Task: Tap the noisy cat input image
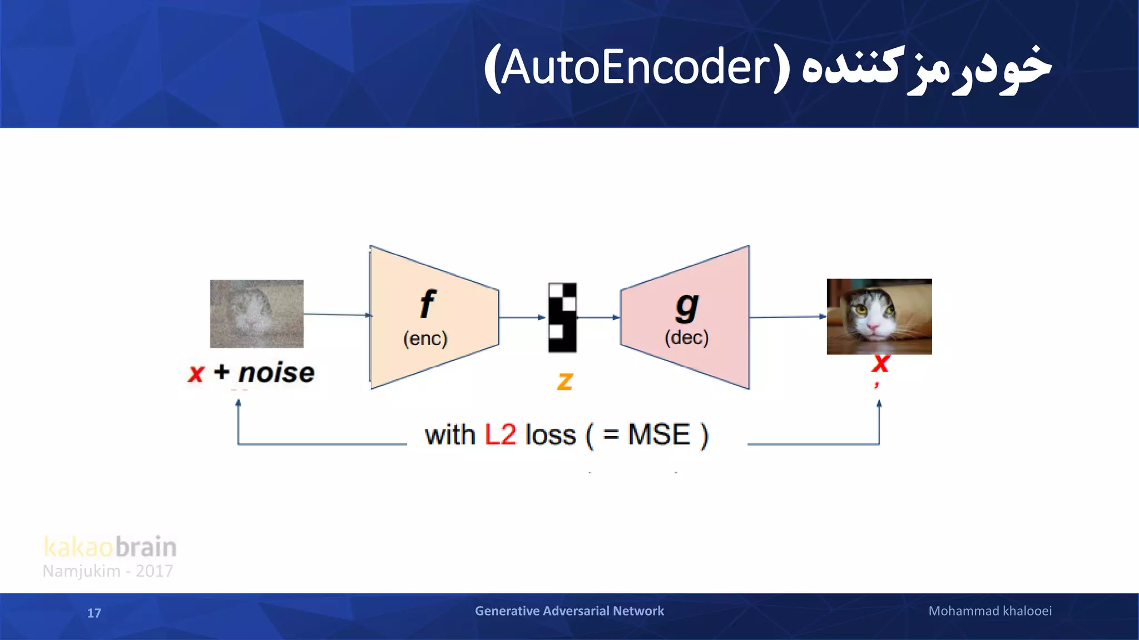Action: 256,314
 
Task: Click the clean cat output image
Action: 879,317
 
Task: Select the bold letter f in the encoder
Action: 427,304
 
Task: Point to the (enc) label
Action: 425,338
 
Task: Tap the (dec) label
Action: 686,337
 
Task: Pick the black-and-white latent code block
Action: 562,318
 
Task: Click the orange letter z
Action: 564,381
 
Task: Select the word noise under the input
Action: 276,372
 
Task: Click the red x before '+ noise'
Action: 196,373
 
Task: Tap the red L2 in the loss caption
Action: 500,434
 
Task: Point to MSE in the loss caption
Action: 658,434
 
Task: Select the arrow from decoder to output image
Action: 787,317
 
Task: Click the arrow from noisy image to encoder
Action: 337,314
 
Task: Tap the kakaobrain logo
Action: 110,547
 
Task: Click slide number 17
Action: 94,613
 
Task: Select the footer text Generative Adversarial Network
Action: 569,611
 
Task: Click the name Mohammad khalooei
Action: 989,611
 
